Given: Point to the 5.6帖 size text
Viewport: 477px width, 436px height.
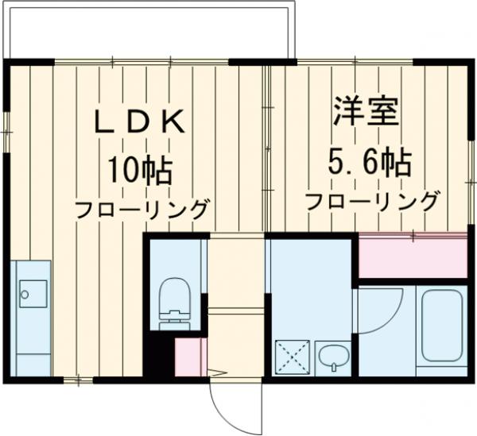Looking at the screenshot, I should click(x=370, y=163).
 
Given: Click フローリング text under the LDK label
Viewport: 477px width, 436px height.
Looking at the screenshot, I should click(x=142, y=210).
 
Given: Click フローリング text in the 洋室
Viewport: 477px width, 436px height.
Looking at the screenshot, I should click(x=371, y=201).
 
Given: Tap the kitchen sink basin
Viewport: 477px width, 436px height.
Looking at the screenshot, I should click(x=33, y=295).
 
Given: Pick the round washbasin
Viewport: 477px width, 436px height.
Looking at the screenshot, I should click(x=334, y=358).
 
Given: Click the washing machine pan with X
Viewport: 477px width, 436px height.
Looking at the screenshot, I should click(x=291, y=357).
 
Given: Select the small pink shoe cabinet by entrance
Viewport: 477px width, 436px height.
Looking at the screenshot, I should click(x=190, y=357).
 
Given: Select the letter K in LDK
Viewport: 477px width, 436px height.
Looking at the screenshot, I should click(x=176, y=122).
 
